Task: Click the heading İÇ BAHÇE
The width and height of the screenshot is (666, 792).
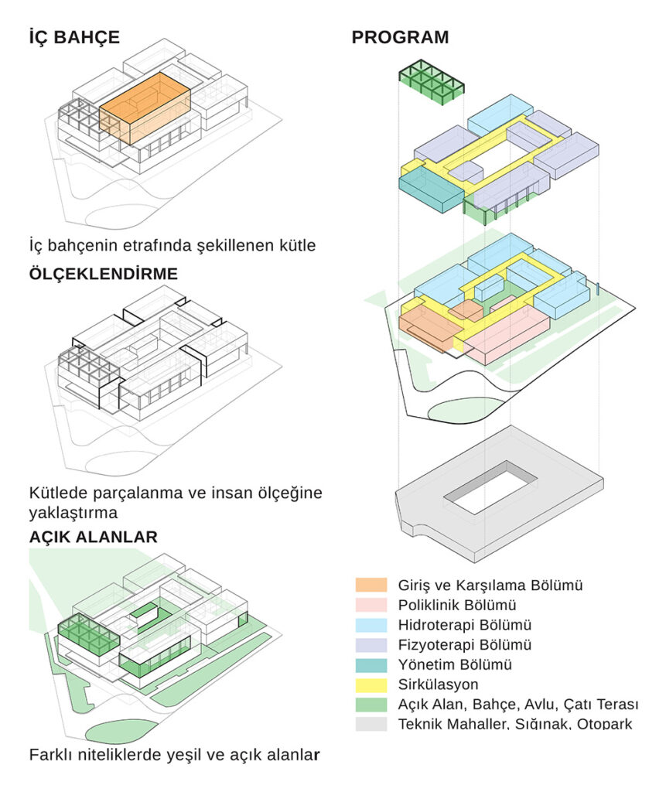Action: tap(74, 36)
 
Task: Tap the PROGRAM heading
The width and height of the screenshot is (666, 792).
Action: tap(400, 36)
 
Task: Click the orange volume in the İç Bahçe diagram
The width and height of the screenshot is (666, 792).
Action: tap(145, 108)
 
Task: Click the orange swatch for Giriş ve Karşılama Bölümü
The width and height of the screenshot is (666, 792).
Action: tap(371, 585)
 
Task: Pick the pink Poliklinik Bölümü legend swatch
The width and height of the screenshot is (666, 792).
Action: tap(371, 604)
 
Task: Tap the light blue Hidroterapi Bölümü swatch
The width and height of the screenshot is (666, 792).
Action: tap(371, 624)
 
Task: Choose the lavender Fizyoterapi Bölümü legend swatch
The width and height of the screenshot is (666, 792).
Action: tap(371, 644)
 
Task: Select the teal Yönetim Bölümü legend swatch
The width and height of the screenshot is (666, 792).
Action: tap(371, 664)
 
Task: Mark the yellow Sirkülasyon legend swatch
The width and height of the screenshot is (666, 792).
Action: tap(371, 684)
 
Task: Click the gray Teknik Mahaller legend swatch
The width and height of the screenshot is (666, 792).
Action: tap(371, 724)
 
